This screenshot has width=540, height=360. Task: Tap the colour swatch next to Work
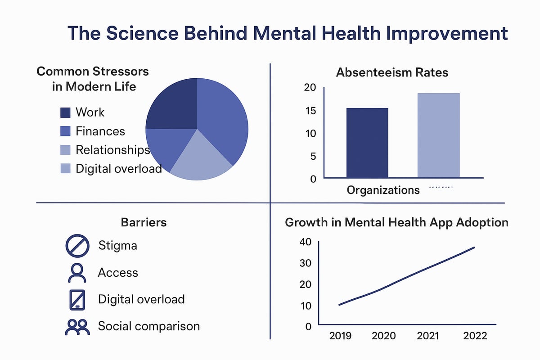pyautogui.click(x=65, y=112)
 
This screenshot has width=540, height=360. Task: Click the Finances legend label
pyautogui.click(x=100, y=131)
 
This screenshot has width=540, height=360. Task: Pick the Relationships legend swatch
pyautogui.click(x=65, y=150)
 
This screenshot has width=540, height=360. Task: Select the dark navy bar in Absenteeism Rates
pyautogui.click(x=367, y=143)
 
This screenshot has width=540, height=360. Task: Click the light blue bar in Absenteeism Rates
pyautogui.click(x=438, y=135)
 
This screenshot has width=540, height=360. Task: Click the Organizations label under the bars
pyautogui.click(x=383, y=190)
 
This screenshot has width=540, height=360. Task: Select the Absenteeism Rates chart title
pyautogui.click(x=392, y=72)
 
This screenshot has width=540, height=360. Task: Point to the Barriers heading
pyautogui.click(x=144, y=222)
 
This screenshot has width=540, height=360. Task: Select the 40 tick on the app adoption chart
pyautogui.click(x=305, y=242)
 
